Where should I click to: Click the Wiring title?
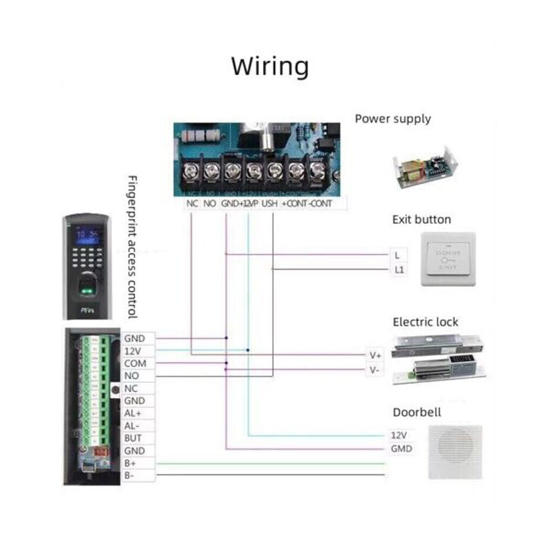(270, 67)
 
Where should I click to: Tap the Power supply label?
(393, 118)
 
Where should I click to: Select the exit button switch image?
(448, 259)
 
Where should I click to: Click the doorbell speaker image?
(454, 452)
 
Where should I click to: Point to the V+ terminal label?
(375, 355)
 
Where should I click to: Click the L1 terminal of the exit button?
(399, 268)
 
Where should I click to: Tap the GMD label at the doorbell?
(401, 448)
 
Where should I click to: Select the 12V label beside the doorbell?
(399, 435)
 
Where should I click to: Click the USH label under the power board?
(269, 203)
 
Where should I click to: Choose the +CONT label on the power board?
(294, 203)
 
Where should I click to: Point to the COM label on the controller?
(135, 364)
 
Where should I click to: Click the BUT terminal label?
(133, 438)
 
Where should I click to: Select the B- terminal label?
(130, 476)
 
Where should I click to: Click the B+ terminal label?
(130, 463)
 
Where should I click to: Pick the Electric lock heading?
(425, 322)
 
